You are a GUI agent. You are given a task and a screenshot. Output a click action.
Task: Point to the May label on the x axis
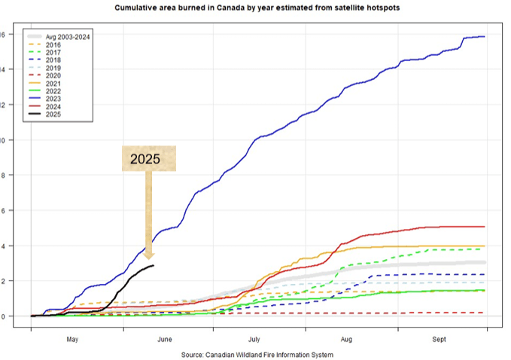(72, 340)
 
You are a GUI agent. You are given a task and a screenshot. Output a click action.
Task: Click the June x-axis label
(165, 340)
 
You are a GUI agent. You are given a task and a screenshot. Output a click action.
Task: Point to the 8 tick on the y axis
(4, 175)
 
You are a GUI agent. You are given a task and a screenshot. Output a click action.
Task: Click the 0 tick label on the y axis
(4, 316)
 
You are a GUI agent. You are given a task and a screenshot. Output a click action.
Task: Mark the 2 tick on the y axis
(4, 281)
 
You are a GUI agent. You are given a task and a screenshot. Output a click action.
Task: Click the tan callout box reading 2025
(149, 159)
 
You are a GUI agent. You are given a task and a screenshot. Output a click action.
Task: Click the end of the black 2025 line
(154, 265)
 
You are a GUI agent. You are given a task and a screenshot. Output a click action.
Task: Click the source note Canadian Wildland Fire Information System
(257, 354)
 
